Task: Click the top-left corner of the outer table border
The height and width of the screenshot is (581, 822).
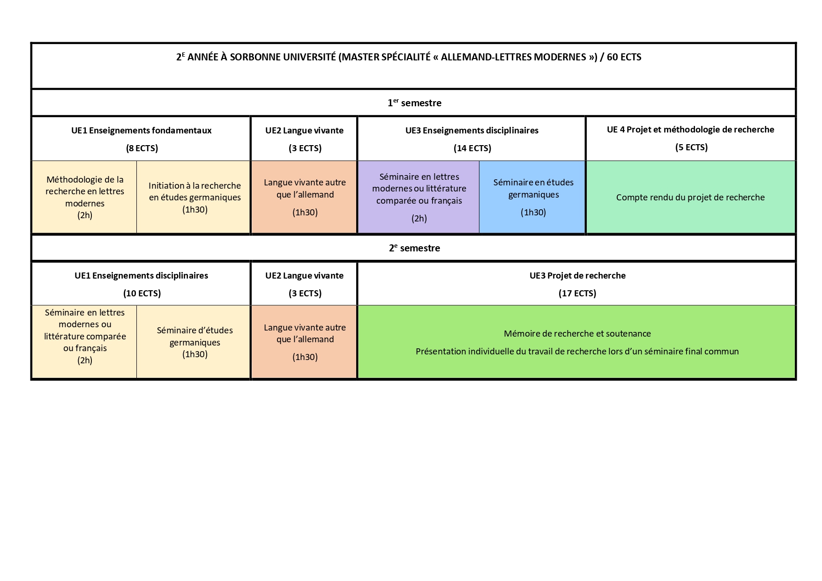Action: (x=31, y=43)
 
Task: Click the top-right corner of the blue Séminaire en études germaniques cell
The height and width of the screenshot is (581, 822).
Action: (x=585, y=162)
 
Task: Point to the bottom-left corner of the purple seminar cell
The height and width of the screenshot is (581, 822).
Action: (x=359, y=233)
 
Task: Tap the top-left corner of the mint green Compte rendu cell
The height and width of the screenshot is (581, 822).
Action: (x=587, y=162)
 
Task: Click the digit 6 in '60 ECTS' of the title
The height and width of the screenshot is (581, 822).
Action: (x=610, y=57)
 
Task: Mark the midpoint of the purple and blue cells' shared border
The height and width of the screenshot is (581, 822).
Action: (x=479, y=197)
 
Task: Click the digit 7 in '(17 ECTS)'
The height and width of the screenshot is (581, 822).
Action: (x=568, y=294)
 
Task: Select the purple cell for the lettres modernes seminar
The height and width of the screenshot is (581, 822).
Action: (x=419, y=197)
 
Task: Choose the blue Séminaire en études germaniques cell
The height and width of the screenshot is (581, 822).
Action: (x=532, y=197)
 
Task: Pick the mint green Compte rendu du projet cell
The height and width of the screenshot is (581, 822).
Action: (x=691, y=197)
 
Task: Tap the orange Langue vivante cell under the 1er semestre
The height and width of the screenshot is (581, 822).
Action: (x=304, y=197)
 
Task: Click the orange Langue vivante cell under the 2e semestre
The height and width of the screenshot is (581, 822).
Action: (x=304, y=342)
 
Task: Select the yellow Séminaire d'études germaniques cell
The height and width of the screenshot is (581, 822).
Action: (x=194, y=342)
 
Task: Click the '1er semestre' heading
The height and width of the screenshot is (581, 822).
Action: (x=414, y=103)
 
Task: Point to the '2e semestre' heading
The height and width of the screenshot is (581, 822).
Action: (x=414, y=248)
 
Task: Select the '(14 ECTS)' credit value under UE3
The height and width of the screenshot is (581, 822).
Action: (x=472, y=148)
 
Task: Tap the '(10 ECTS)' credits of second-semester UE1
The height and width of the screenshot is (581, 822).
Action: (x=142, y=294)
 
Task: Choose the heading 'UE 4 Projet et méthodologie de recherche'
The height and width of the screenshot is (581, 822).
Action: (x=691, y=130)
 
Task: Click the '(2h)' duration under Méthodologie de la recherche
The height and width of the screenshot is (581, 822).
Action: (x=85, y=215)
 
